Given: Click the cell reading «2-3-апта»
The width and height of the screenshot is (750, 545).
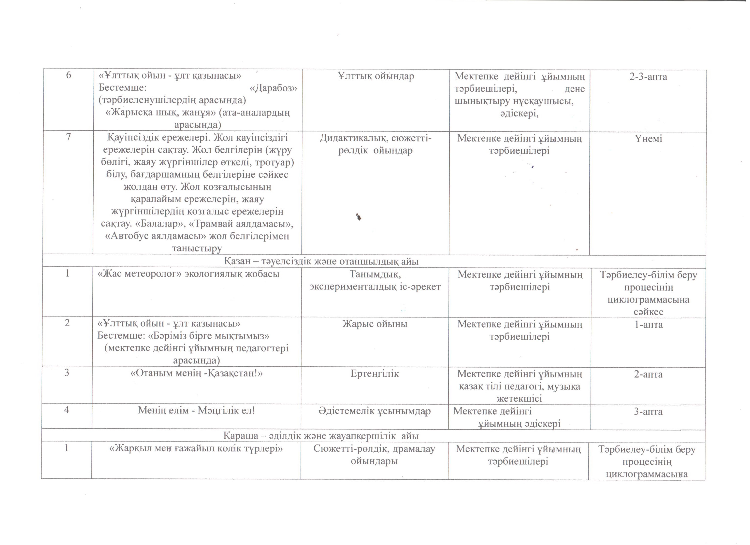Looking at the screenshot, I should click(x=648, y=77).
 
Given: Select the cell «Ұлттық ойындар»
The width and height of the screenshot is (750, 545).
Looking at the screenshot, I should click(x=376, y=76).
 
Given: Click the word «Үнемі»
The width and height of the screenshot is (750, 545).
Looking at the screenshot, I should click(x=648, y=139).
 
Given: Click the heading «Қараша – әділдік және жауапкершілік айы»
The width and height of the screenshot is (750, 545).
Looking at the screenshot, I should click(x=321, y=436).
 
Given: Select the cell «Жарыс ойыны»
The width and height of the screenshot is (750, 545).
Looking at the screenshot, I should click(x=375, y=324).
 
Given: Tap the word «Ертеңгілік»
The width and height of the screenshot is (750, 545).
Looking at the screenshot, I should click(x=375, y=374).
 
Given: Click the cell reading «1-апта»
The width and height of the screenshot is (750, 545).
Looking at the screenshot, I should click(x=648, y=324).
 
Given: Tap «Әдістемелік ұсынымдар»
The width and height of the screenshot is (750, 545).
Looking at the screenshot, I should click(x=375, y=411).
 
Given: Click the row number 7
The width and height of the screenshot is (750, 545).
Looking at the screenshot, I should click(x=69, y=137).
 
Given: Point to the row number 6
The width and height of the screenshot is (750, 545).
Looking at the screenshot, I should click(x=69, y=75).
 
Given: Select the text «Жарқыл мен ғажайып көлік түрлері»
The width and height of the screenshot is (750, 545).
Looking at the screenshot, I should click(x=196, y=449).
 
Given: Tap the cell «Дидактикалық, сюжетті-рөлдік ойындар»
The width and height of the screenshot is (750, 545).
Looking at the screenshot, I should click(x=375, y=144).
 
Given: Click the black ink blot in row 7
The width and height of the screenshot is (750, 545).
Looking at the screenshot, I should click(x=359, y=217).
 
